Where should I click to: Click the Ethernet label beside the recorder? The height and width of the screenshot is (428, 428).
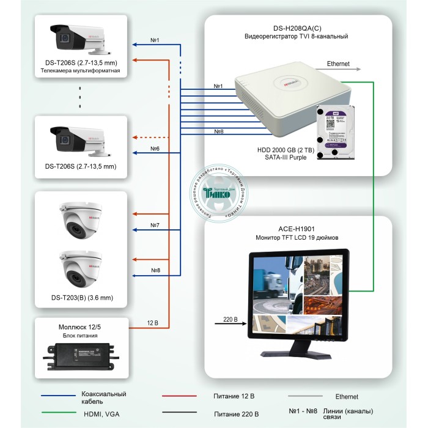tap(338, 64)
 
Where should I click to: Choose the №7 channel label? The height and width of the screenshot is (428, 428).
tap(155, 226)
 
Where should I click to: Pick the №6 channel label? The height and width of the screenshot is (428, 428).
tap(155, 149)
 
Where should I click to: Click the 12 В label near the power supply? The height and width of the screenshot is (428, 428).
tap(153, 323)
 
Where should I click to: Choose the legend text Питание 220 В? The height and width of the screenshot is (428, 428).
tap(237, 415)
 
